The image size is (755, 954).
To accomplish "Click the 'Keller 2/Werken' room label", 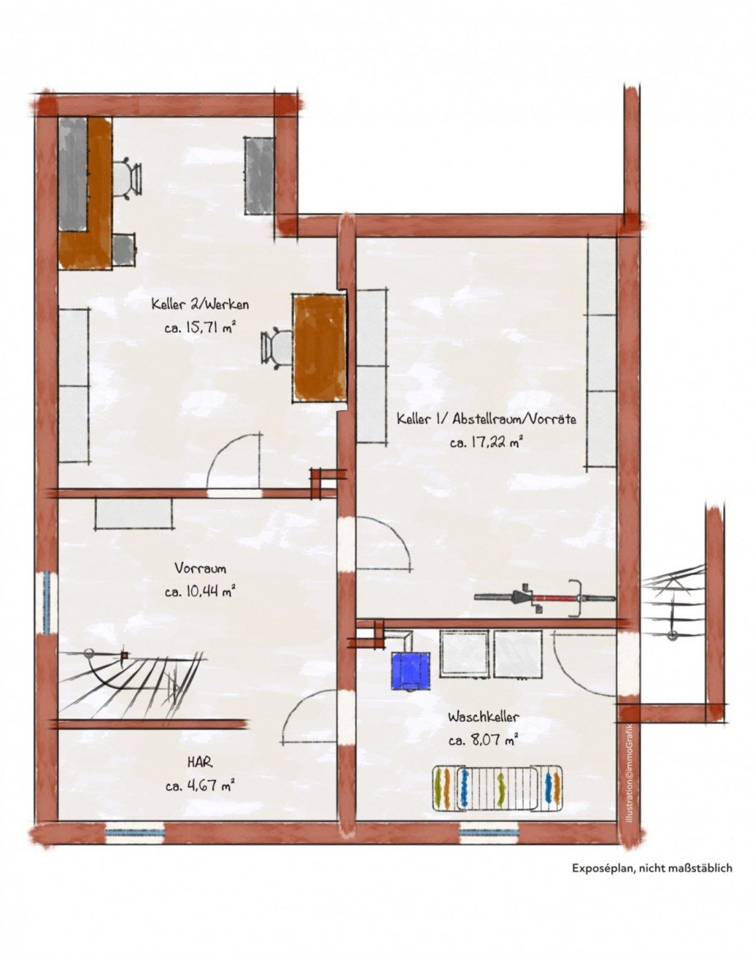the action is point(199,304).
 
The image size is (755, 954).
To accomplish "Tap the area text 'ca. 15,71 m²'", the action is point(199,328).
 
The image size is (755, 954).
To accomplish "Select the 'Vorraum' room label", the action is point(200,568).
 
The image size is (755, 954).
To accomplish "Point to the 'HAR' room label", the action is point(200,762).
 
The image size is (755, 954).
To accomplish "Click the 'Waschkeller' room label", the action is point(483,717).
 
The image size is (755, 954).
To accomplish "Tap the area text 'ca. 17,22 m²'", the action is point(487,443).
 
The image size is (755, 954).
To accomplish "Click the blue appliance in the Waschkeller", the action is point(410,670).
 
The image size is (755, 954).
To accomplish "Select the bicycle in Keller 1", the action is point(545,599).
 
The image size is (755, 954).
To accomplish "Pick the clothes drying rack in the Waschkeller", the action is point(497,788).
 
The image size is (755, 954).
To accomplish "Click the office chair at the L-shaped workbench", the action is point(126,177).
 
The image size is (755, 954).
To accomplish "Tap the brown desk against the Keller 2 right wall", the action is point(320,348).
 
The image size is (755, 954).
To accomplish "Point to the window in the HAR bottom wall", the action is point(135,833).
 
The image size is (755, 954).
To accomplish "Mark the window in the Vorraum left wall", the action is point(47,602).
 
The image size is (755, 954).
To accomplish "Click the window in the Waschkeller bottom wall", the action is point(490,833).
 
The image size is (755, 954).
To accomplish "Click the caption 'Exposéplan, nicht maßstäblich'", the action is point(652,868).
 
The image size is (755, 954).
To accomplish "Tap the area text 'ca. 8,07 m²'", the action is point(483,741).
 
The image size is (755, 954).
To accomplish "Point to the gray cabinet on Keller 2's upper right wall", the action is point(260,176).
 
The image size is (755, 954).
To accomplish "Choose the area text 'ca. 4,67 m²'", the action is point(200,786).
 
